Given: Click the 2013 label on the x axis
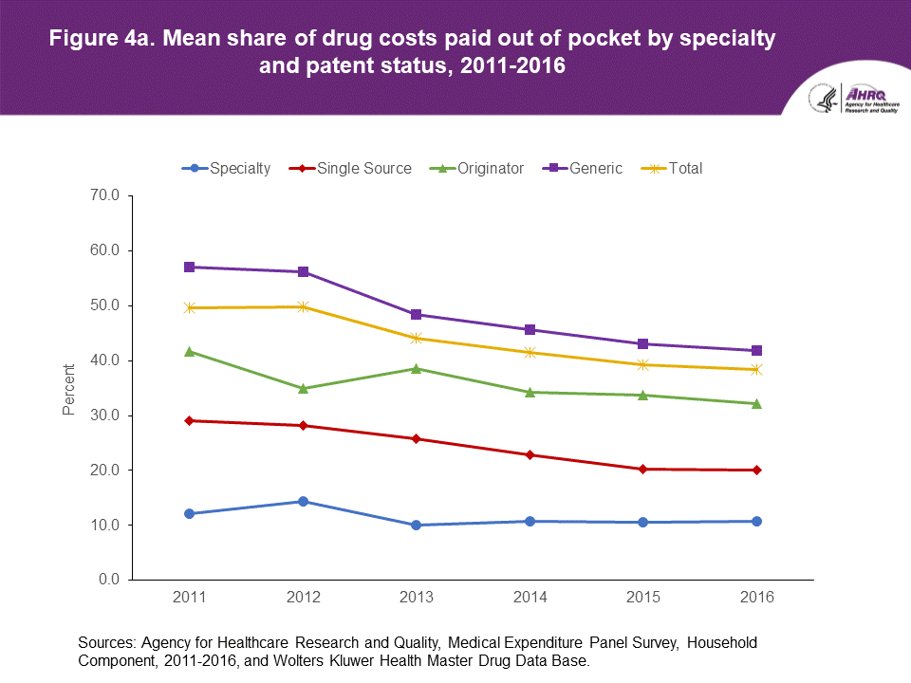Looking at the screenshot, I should [416, 598].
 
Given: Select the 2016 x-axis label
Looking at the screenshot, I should [756, 598].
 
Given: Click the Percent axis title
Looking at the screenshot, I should [68, 388].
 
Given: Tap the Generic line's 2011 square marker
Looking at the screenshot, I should [190, 267].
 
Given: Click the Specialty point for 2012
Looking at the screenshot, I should [303, 501].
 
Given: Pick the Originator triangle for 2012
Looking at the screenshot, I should [303, 388].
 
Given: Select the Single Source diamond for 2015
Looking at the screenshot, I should [643, 469].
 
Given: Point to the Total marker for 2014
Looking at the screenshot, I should [530, 352].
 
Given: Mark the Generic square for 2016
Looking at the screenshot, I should [756, 350].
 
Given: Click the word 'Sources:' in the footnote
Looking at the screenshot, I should [109, 642].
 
